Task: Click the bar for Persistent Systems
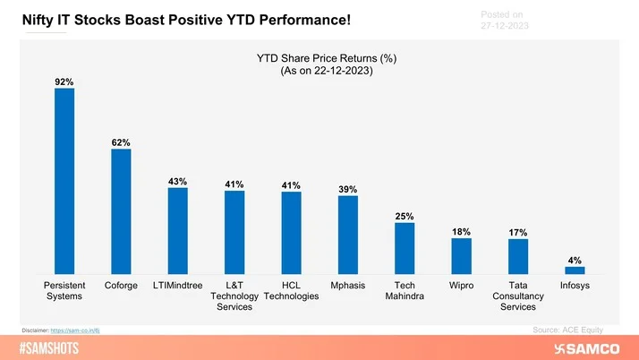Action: pyautogui.click(x=64, y=180)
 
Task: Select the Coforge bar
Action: pyautogui.click(x=121, y=210)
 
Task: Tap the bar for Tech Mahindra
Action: pyautogui.click(x=405, y=248)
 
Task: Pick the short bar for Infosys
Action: pyautogui.click(x=575, y=269)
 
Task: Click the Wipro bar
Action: pyautogui.click(x=461, y=255)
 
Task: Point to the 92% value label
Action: pyautogui.click(x=64, y=81)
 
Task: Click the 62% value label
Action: pyautogui.click(x=121, y=142)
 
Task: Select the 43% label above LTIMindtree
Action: pyautogui.click(x=177, y=182)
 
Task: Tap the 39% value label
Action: pyautogui.click(x=347, y=189)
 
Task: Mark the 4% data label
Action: pyautogui.click(x=575, y=261)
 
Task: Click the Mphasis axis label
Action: pyautogui.click(x=347, y=285)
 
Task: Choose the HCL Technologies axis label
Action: pyautogui.click(x=291, y=290)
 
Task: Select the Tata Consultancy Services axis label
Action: pyautogui.click(x=517, y=296)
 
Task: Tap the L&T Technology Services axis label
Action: pyautogui.click(x=234, y=296)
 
